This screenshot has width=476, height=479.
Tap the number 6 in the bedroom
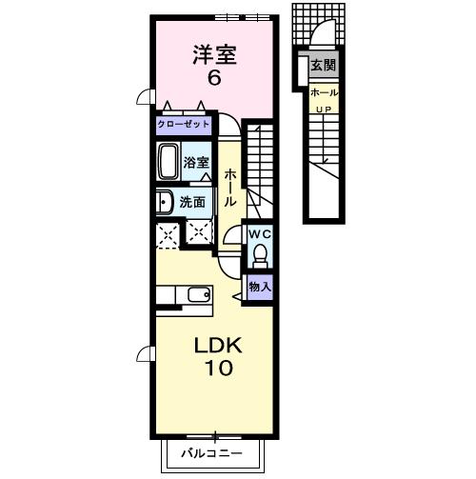(214, 79)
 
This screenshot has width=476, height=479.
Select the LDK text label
(218, 345)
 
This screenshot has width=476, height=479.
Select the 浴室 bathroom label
(196, 163)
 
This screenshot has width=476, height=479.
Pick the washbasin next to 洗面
(163, 202)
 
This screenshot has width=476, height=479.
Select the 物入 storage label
(259, 286)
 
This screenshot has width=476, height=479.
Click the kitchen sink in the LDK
(200, 293)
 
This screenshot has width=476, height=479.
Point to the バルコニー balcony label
(213, 453)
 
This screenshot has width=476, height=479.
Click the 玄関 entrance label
(323, 66)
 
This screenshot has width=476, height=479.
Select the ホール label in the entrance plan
(323, 93)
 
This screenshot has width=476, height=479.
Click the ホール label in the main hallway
(230, 190)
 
